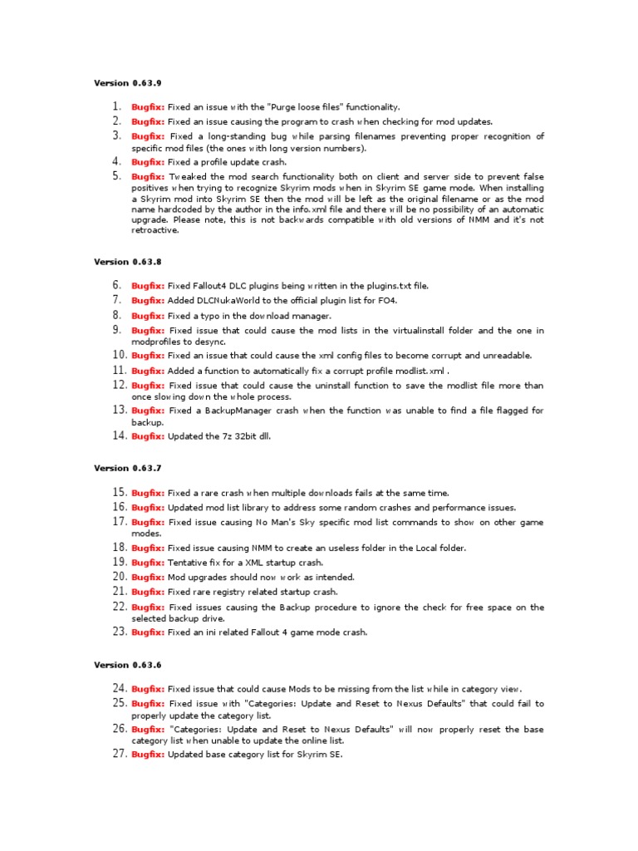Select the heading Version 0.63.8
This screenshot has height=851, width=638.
(x=128, y=262)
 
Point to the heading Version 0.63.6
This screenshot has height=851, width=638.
(x=128, y=665)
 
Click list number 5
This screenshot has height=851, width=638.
(x=116, y=176)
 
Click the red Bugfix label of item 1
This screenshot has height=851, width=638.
(x=148, y=107)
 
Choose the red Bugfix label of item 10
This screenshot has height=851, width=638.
(x=148, y=356)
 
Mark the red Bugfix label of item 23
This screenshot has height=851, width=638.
(x=148, y=632)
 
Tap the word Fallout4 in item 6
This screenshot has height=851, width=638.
(x=216, y=286)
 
